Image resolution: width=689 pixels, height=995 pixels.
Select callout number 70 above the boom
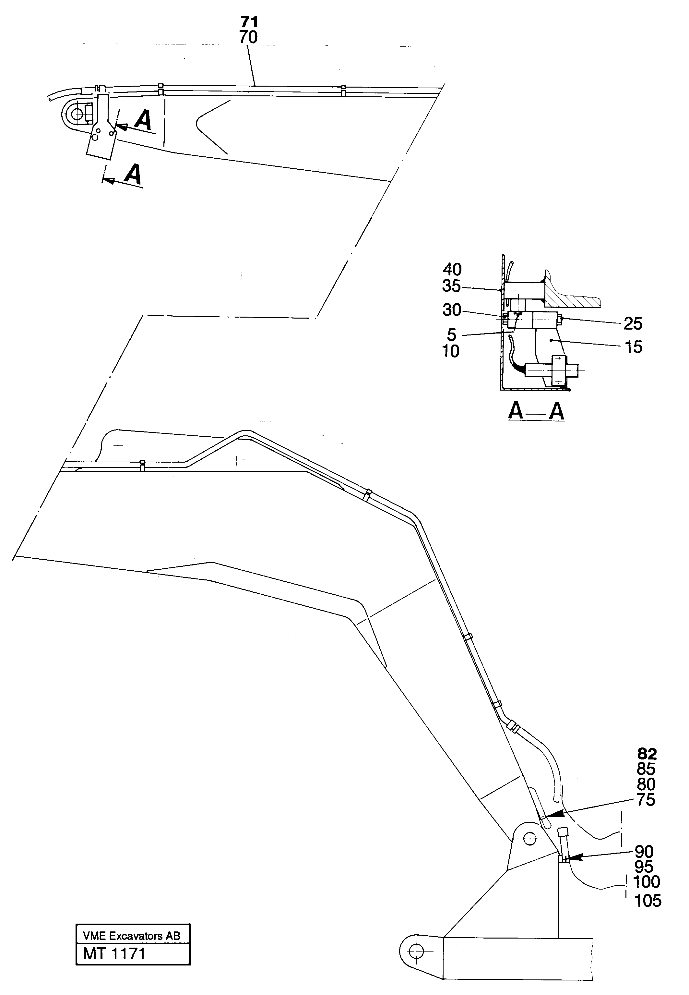pyautogui.click(x=248, y=38)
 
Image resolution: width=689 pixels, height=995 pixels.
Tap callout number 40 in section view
pyautogui.click(x=452, y=270)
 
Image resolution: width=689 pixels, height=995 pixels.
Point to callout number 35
pyautogui.click(x=452, y=286)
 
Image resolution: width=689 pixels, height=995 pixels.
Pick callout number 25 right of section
pyautogui.click(x=633, y=323)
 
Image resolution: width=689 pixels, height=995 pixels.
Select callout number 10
pyautogui.click(x=450, y=352)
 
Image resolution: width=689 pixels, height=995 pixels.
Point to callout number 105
pyautogui.click(x=647, y=901)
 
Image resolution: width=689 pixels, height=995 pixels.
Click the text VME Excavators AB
pyautogui.click(x=132, y=936)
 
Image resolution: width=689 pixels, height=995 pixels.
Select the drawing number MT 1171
pyautogui.click(x=114, y=953)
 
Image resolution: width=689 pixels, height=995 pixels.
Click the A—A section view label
pyautogui.click(x=536, y=411)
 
